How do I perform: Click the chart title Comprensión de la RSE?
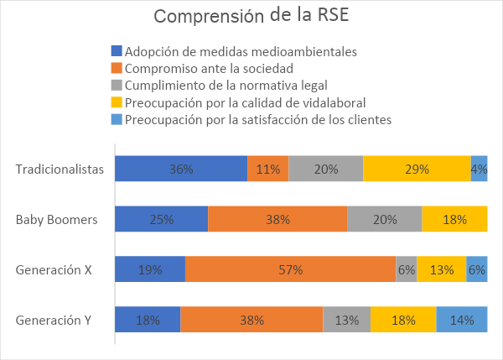[251, 16]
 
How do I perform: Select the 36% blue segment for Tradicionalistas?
[181, 169]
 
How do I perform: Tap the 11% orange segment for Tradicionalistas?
[268, 169]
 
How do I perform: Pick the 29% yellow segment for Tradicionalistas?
[417, 169]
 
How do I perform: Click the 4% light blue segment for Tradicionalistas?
[480, 169]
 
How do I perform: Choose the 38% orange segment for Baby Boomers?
[277, 219]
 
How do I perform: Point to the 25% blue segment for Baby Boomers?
[161, 219]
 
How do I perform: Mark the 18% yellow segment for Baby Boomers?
[454, 219]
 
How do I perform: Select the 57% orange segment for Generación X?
[290, 269]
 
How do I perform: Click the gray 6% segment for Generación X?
[407, 269]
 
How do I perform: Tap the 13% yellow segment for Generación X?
[442, 269]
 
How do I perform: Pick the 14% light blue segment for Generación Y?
[462, 320]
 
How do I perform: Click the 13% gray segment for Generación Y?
[347, 320]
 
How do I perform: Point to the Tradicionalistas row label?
[60, 170]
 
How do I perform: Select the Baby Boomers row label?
[57, 220]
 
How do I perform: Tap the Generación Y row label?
[54, 321]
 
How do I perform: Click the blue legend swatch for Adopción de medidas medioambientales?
[117, 50]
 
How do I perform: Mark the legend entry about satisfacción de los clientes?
[257, 119]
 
